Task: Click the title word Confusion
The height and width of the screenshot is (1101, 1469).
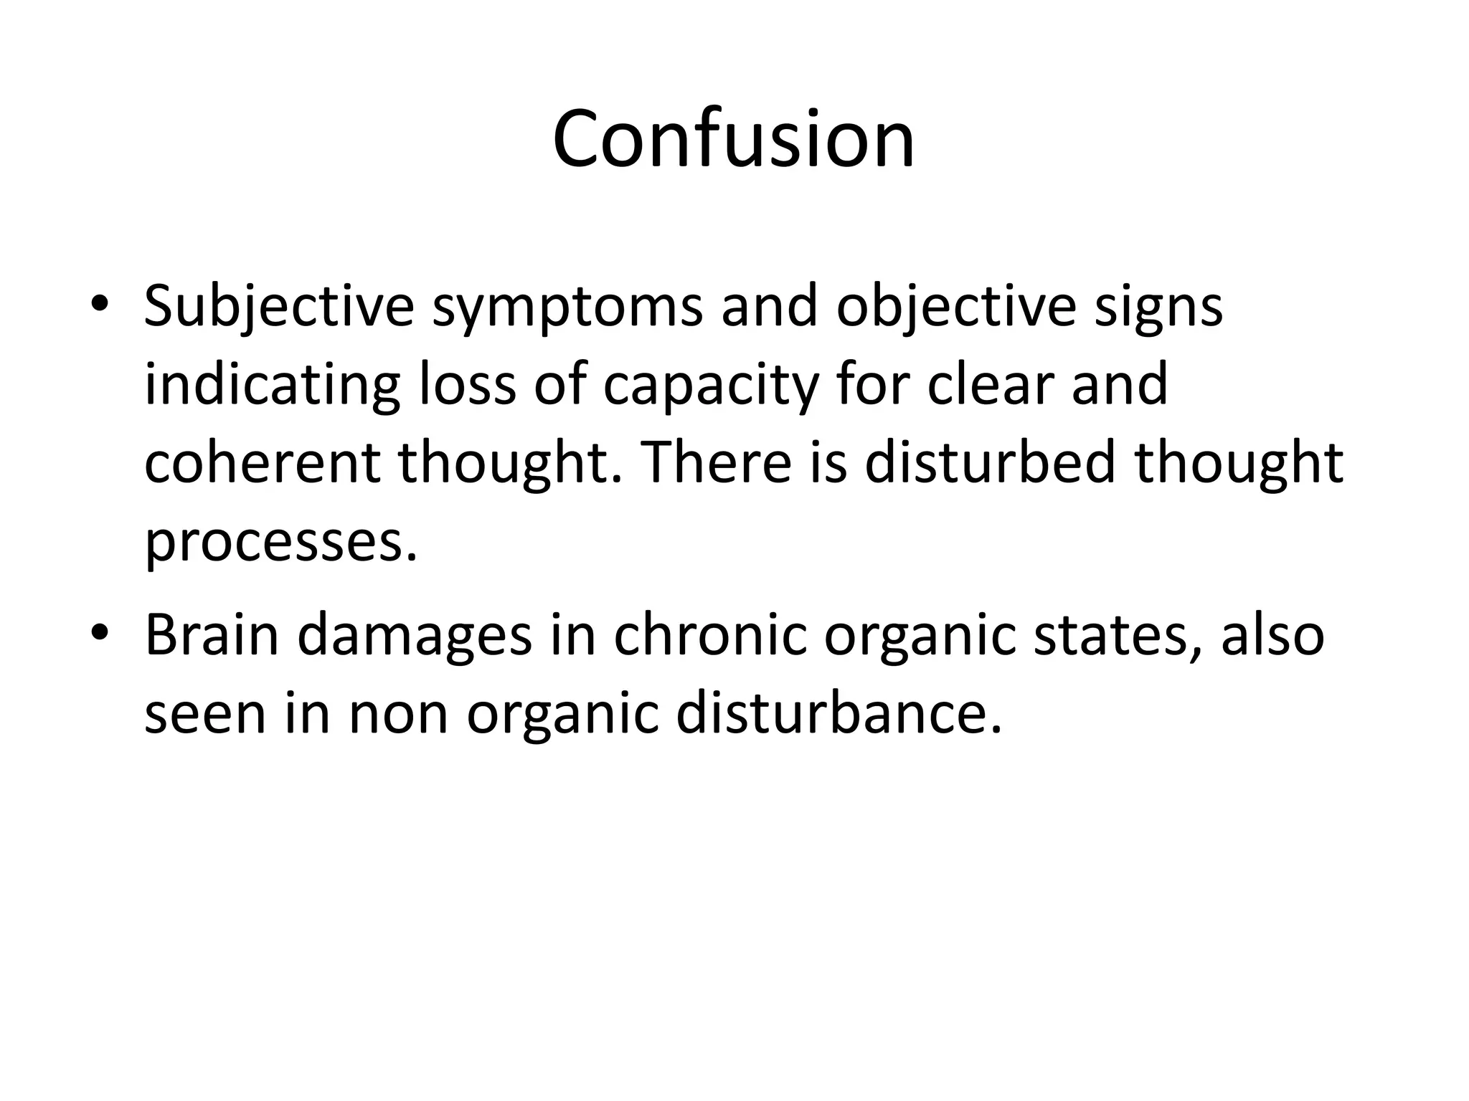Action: point(733,139)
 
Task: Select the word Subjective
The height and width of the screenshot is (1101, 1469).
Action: point(279,307)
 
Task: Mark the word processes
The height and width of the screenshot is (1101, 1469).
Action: point(280,543)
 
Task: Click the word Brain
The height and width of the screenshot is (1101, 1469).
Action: point(212,634)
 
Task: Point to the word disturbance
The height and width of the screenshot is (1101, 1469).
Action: point(839,713)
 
